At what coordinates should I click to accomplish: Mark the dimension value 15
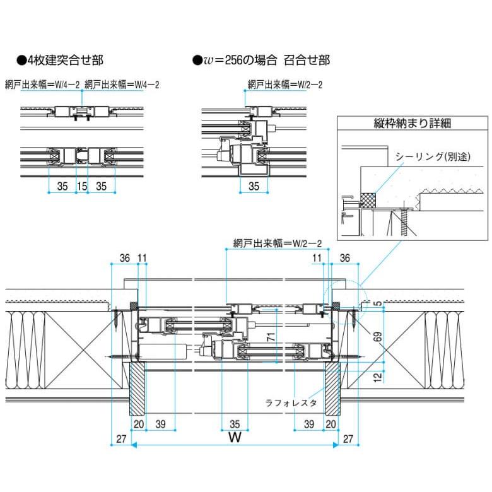[x=81, y=187]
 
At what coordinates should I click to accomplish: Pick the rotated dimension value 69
[x=377, y=336]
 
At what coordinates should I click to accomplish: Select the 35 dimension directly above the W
[x=235, y=425]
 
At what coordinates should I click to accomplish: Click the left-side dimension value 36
[x=124, y=258]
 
